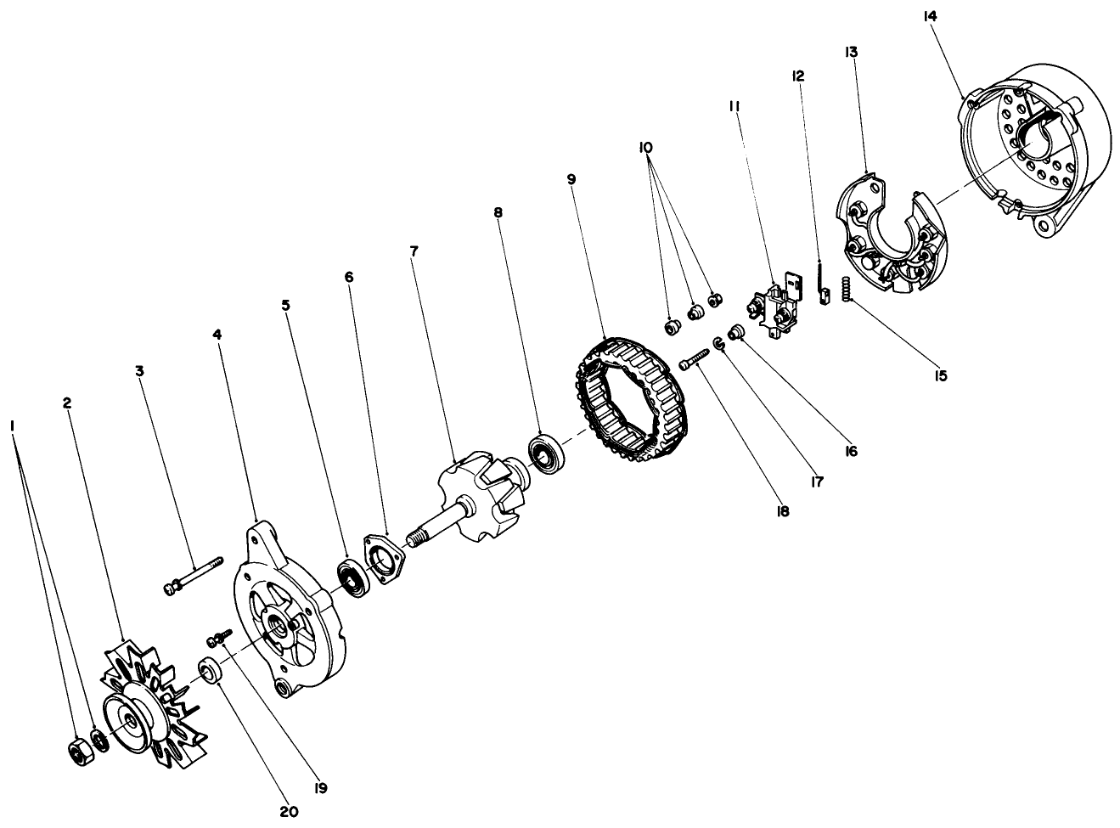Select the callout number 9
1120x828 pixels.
[x=571, y=179]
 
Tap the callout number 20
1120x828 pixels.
[x=289, y=811]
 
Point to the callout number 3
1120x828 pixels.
[x=139, y=370]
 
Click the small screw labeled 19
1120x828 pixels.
[x=218, y=636]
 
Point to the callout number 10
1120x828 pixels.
[x=646, y=147]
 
